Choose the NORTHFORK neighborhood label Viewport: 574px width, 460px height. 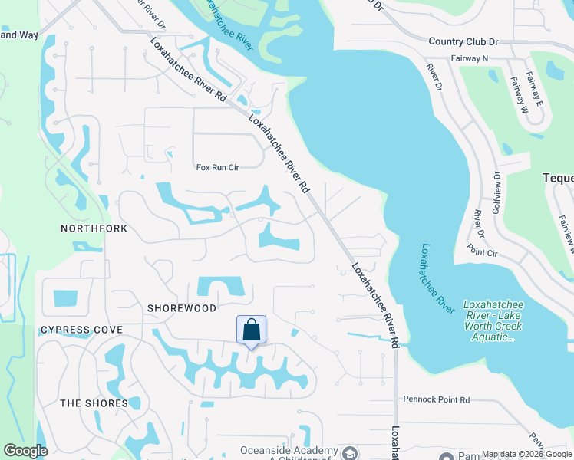94,228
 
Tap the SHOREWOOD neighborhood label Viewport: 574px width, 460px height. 181,307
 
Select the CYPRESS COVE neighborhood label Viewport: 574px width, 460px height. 81,330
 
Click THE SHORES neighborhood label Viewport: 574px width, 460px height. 94,403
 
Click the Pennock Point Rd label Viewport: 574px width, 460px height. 436,400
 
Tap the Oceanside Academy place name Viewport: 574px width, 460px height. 289,450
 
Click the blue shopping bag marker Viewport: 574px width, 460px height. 252,330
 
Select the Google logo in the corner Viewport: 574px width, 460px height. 25,451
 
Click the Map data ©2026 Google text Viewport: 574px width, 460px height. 526,454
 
